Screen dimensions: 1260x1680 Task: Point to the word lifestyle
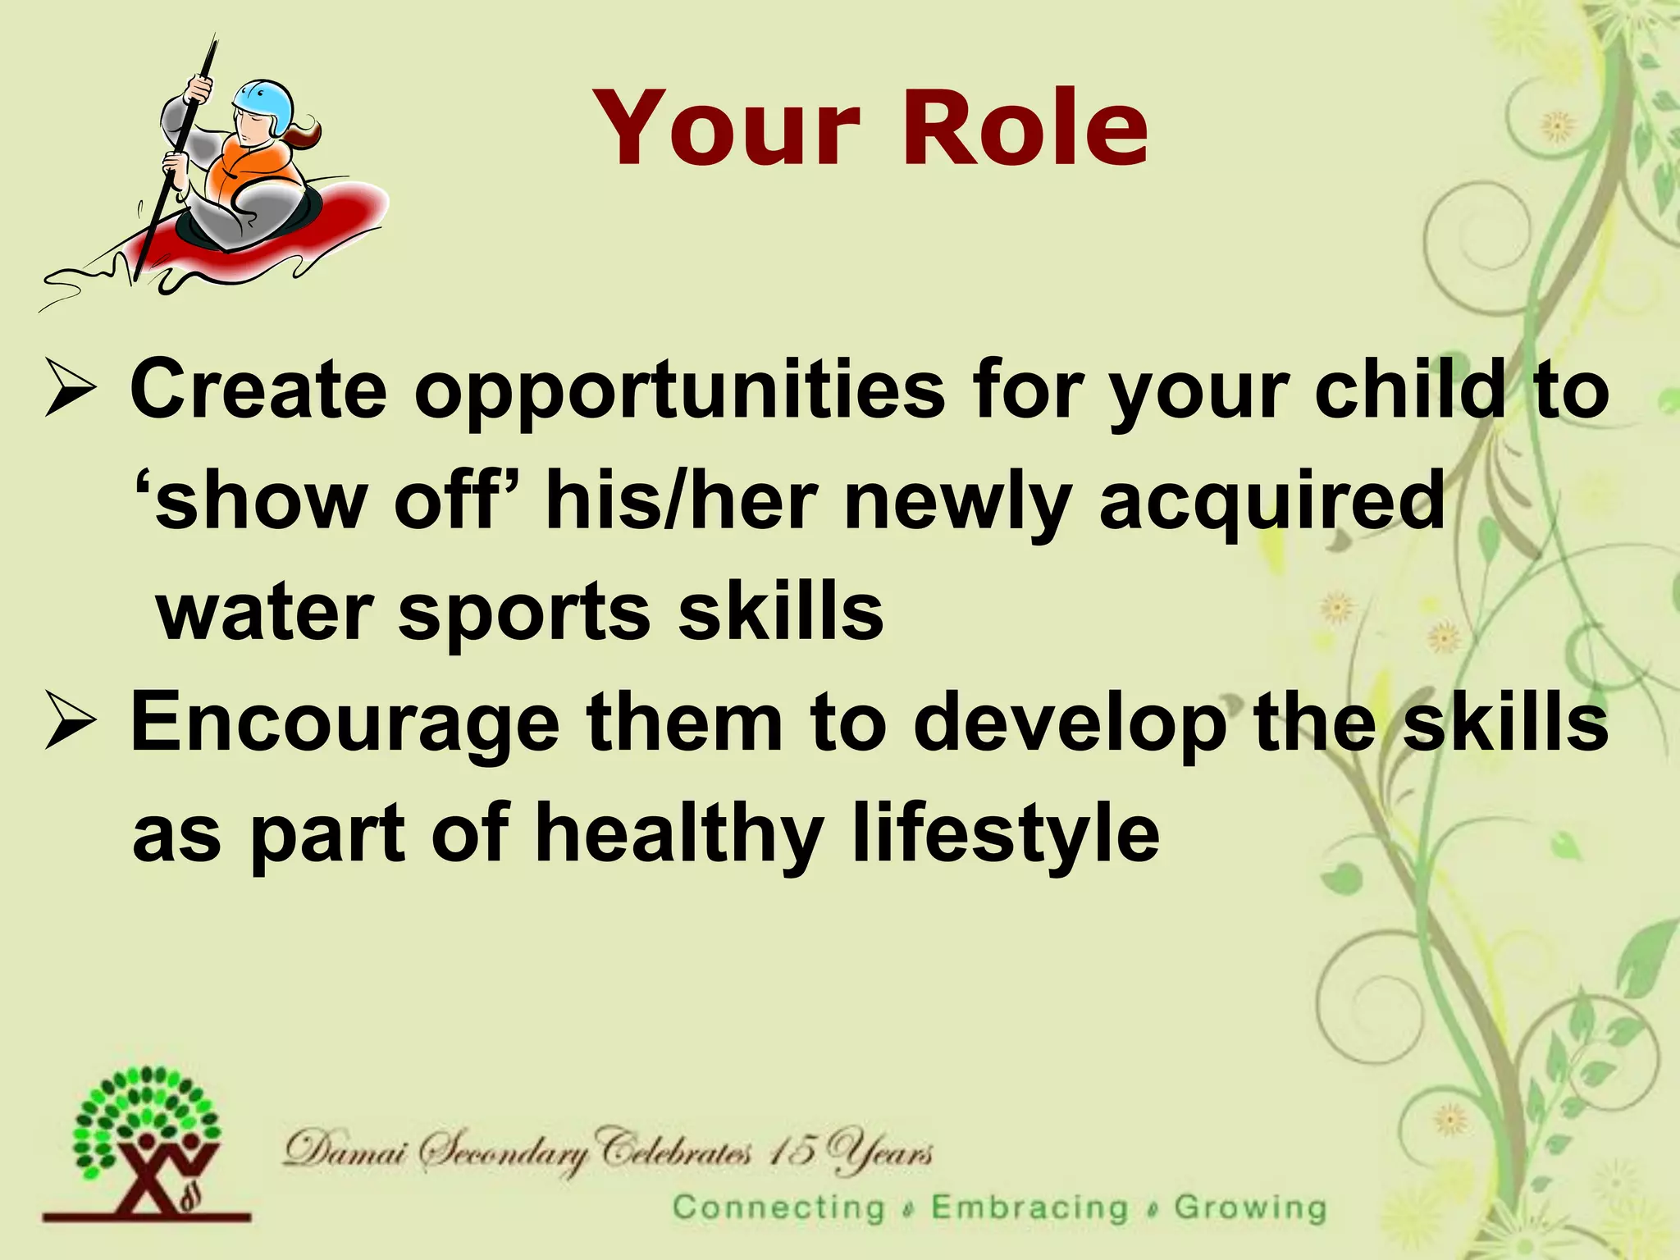click(1005, 835)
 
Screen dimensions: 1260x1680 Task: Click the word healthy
click(679, 835)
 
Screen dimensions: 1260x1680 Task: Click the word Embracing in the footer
click(1030, 1208)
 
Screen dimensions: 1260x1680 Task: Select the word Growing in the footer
click(1250, 1208)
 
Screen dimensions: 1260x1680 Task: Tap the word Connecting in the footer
click(778, 1208)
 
